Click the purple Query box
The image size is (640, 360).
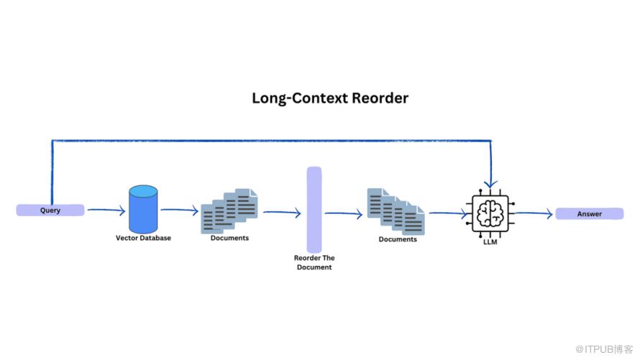(x=50, y=211)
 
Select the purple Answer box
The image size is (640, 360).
(x=589, y=213)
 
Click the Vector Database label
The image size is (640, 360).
(x=143, y=238)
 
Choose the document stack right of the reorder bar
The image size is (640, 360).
(x=396, y=211)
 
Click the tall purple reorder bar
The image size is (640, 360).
(x=314, y=209)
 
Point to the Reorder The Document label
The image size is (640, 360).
(x=314, y=262)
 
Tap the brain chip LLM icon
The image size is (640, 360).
(x=490, y=213)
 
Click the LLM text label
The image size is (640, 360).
(x=490, y=242)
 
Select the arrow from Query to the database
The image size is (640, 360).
(x=106, y=211)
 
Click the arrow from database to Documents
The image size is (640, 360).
(x=179, y=211)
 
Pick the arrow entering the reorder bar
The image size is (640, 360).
(x=282, y=213)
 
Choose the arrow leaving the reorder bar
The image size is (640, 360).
(x=344, y=213)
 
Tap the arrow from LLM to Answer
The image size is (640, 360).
(x=532, y=213)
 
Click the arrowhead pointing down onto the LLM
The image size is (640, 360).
(x=490, y=185)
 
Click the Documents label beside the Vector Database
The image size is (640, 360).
(x=229, y=238)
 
